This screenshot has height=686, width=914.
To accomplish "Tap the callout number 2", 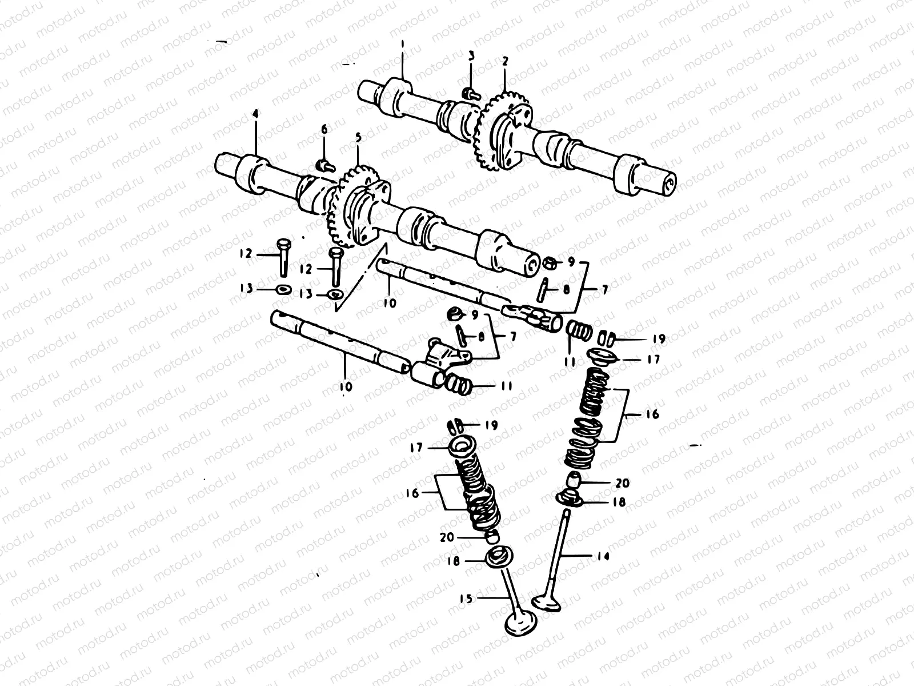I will [504, 61].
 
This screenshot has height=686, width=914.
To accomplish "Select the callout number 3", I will [471, 55].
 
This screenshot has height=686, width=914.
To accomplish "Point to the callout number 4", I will [255, 115].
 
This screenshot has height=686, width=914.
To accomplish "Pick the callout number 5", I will [358, 138].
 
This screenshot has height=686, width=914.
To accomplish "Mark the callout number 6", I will [324, 130].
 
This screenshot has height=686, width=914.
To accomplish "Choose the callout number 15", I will [466, 599].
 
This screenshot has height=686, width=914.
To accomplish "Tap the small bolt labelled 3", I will [469, 93].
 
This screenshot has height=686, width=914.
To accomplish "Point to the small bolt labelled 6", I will [324, 165].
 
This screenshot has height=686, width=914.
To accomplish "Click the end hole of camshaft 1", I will [669, 183].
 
